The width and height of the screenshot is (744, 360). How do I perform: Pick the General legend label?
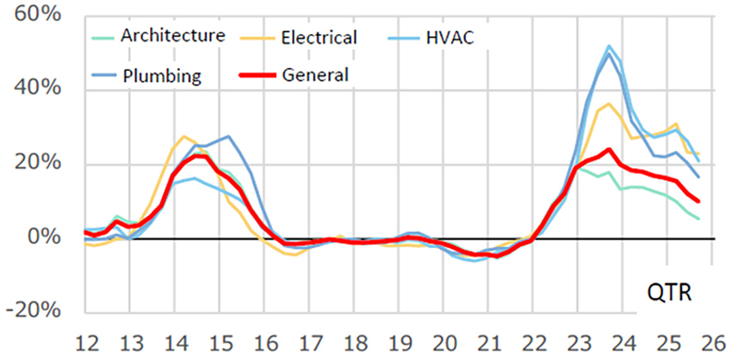pos(315,76)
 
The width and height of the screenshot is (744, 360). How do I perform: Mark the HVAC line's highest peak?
pos(610,46)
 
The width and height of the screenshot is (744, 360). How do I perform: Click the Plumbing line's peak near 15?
pos(227,136)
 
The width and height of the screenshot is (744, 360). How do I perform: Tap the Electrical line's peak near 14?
pos(184,136)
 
